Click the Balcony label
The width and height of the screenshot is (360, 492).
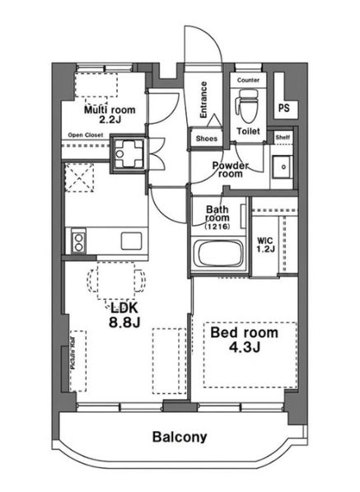point(180,437)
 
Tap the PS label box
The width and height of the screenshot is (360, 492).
point(283,108)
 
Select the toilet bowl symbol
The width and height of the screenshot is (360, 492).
point(248,106)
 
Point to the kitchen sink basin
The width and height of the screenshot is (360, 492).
point(131,241)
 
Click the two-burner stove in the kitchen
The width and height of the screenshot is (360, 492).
point(78,241)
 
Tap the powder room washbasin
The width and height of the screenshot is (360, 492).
point(282,167)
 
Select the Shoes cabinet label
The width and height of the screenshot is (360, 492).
point(206,138)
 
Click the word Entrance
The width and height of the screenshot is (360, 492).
point(203,100)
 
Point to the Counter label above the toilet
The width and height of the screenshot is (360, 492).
point(248,80)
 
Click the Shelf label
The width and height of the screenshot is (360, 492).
point(283,137)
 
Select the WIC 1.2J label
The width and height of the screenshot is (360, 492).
point(265,245)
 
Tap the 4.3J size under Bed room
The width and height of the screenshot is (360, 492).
point(245,347)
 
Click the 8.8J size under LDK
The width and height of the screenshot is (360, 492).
point(124,321)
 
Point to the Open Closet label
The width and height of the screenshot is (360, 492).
point(86,135)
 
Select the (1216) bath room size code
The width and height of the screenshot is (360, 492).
point(217,227)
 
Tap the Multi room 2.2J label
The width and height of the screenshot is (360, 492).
point(110,115)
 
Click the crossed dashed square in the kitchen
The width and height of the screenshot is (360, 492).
point(79,177)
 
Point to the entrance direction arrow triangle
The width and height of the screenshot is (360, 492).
point(215,120)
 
